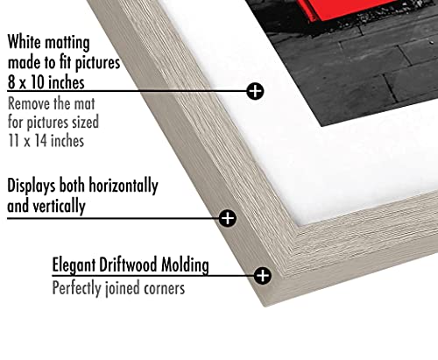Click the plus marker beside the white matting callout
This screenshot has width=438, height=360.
click(x=255, y=91)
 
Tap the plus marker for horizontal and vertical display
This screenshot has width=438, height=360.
click(x=228, y=218)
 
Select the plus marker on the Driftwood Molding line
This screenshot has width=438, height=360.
click(x=263, y=275)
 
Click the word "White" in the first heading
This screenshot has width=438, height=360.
click(x=25, y=42)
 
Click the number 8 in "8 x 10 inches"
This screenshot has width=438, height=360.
click(x=11, y=82)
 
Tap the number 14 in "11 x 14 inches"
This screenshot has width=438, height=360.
click(x=41, y=141)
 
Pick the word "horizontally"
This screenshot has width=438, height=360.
click(x=124, y=186)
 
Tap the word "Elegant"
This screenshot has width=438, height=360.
click(x=74, y=265)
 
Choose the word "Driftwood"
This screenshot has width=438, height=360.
click(x=129, y=265)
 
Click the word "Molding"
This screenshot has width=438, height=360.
click(x=186, y=265)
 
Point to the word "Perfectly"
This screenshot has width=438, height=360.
click(x=76, y=288)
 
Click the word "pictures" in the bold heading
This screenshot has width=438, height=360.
click(x=97, y=63)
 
